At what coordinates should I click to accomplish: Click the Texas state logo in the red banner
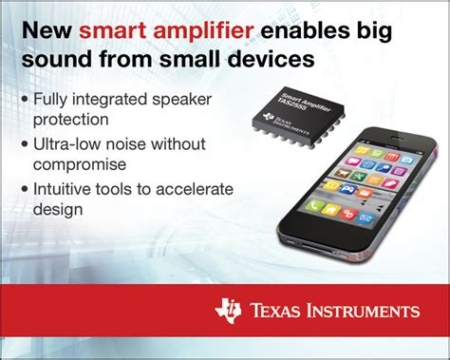[x=229, y=312]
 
